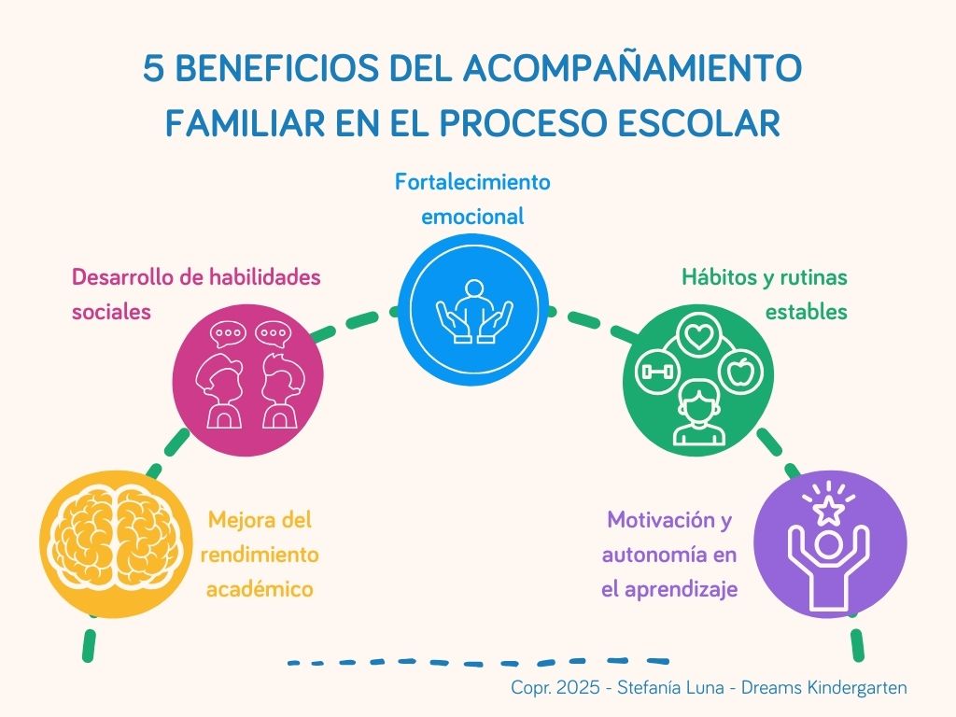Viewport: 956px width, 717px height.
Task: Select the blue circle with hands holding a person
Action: pyautogui.click(x=474, y=308)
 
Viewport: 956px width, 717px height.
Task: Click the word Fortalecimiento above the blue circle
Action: pyautogui.click(x=472, y=180)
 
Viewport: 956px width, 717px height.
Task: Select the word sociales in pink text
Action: pyautogui.click(x=111, y=312)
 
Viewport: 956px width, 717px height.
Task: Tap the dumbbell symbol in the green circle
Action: pyautogui.click(x=654, y=372)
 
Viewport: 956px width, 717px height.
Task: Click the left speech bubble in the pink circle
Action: pyautogui.click(x=226, y=333)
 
